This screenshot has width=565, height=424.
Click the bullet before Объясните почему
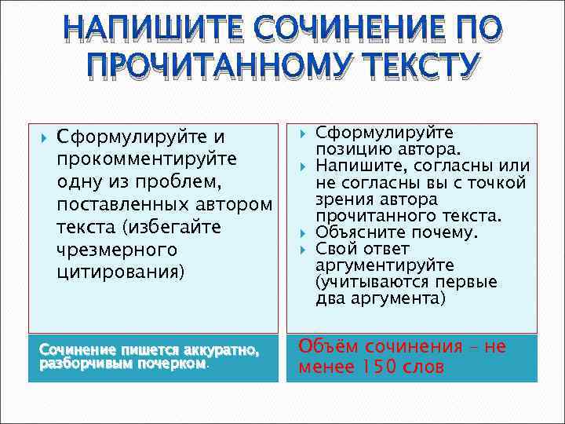302,233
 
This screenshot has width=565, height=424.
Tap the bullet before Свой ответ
302,249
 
